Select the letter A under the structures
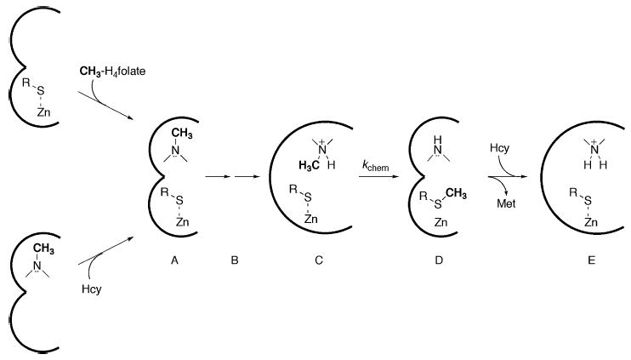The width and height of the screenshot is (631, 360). [173, 262]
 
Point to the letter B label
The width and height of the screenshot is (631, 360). [234, 262]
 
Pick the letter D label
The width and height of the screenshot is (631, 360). [439, 262]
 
